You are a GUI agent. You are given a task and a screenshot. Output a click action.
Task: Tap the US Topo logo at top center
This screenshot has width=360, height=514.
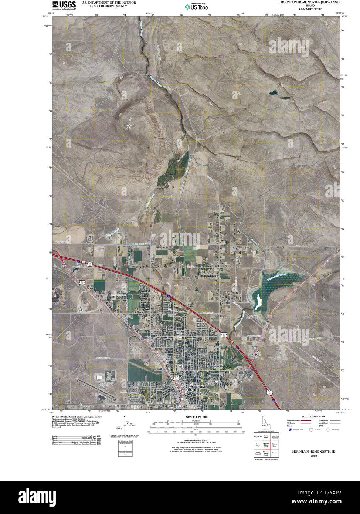196,6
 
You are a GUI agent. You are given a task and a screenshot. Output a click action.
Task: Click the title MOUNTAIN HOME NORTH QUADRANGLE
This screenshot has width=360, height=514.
310,2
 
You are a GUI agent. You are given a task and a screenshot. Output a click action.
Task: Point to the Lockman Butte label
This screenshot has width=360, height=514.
130,126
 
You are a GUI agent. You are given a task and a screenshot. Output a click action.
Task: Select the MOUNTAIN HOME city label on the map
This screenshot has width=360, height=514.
196,388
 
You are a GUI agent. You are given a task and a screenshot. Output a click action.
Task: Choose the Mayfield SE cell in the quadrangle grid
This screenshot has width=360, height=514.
258,437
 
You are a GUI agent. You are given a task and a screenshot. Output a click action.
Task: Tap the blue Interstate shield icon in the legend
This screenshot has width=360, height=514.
290,430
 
